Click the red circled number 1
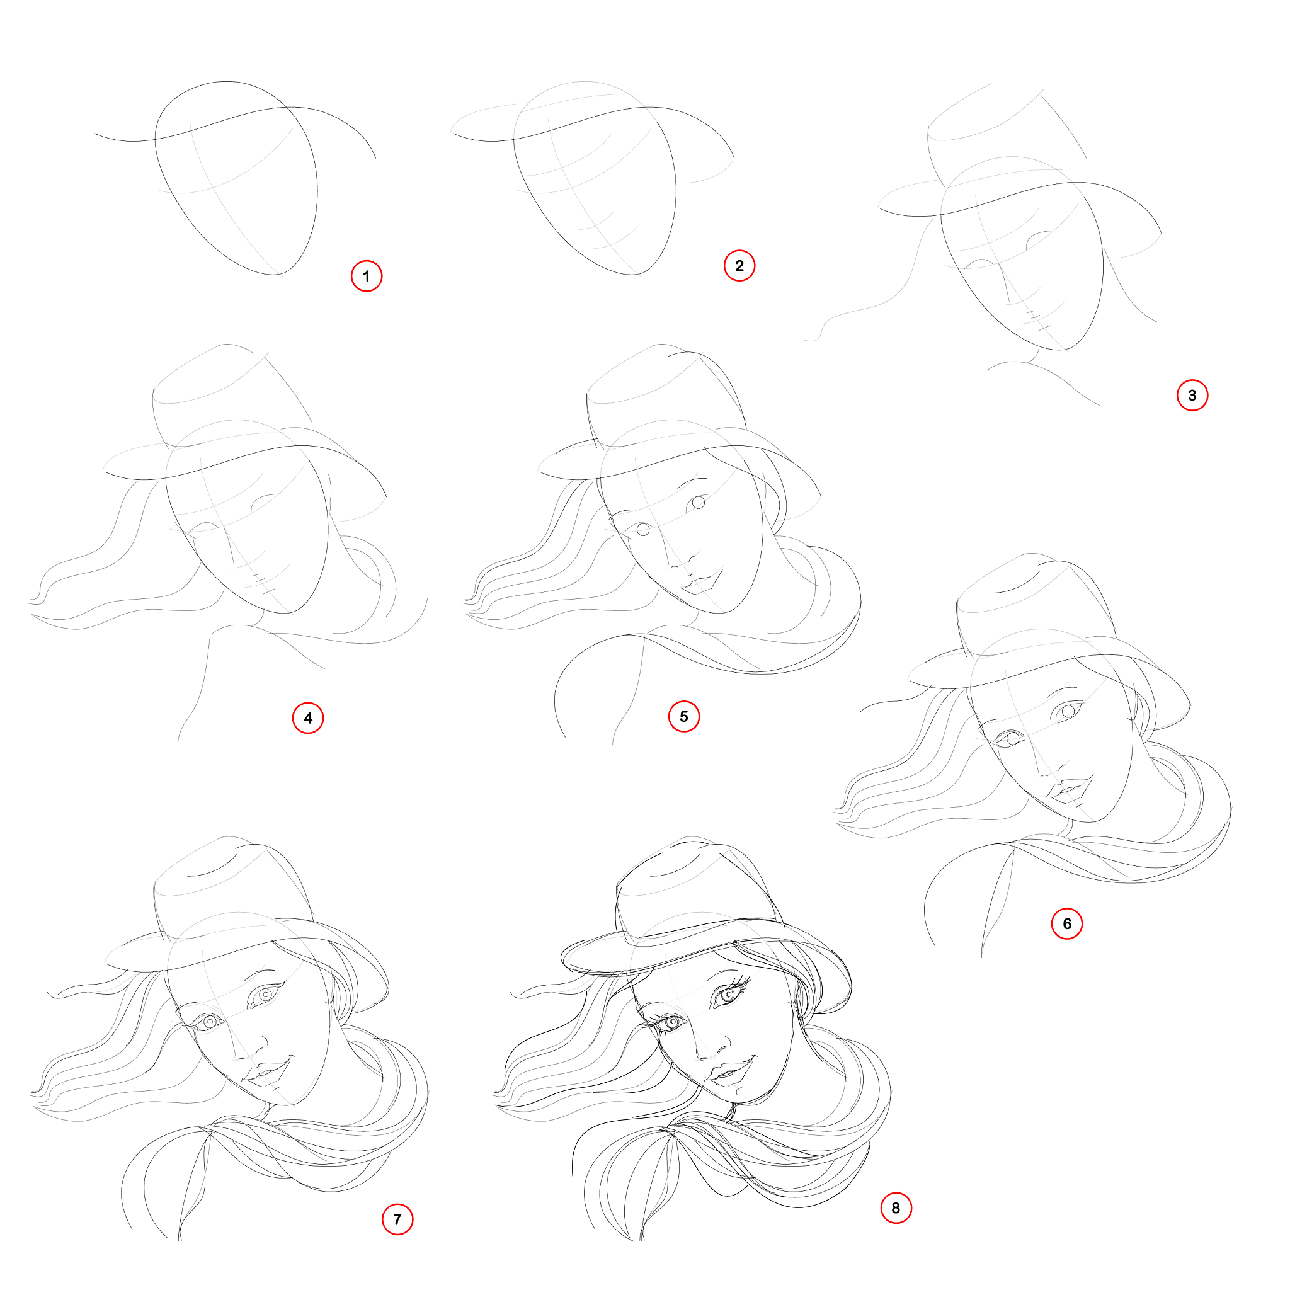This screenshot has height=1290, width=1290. (367, 276)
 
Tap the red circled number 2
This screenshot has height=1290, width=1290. (739, 266)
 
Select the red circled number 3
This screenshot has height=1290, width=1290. (1192, 396)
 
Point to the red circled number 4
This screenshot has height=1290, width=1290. (308, 718)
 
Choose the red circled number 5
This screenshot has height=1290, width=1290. (683, 716)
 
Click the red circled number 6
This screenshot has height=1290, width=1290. (1067, 923)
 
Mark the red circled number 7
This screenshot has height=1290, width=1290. (397, 1219)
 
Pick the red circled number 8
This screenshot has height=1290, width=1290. (896, 1208)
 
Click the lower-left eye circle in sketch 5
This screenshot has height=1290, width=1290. (643, 530)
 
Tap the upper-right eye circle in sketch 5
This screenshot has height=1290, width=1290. (699, 502)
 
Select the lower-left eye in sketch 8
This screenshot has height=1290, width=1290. (670, 1022)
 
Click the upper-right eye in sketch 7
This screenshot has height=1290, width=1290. (266, 994)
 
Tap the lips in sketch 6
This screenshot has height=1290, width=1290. (1070, 789)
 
